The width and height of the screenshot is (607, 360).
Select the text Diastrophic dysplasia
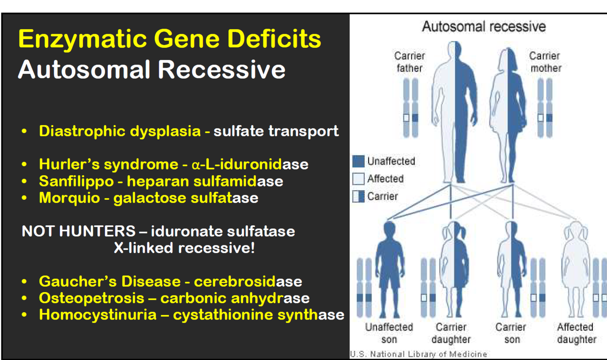[x=120, y=131]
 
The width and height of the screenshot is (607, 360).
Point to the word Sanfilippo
[x=76, y=181]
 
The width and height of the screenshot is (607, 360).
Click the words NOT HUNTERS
[x=78, y=231]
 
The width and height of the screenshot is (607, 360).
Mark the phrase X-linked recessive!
[x=184, y=248]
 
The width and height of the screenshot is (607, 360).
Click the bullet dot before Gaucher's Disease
[x=25, y=282]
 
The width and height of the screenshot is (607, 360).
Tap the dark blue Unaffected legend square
[x=359, y=161]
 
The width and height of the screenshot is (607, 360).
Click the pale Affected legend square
[x=359, y=179]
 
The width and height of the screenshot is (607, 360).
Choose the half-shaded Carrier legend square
[x=359, y=197]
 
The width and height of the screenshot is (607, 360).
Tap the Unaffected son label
[x=389, y=333]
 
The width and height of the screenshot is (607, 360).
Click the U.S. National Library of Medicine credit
[x=418, y=354]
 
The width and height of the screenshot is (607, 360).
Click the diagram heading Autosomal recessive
[x=484, y=26]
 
